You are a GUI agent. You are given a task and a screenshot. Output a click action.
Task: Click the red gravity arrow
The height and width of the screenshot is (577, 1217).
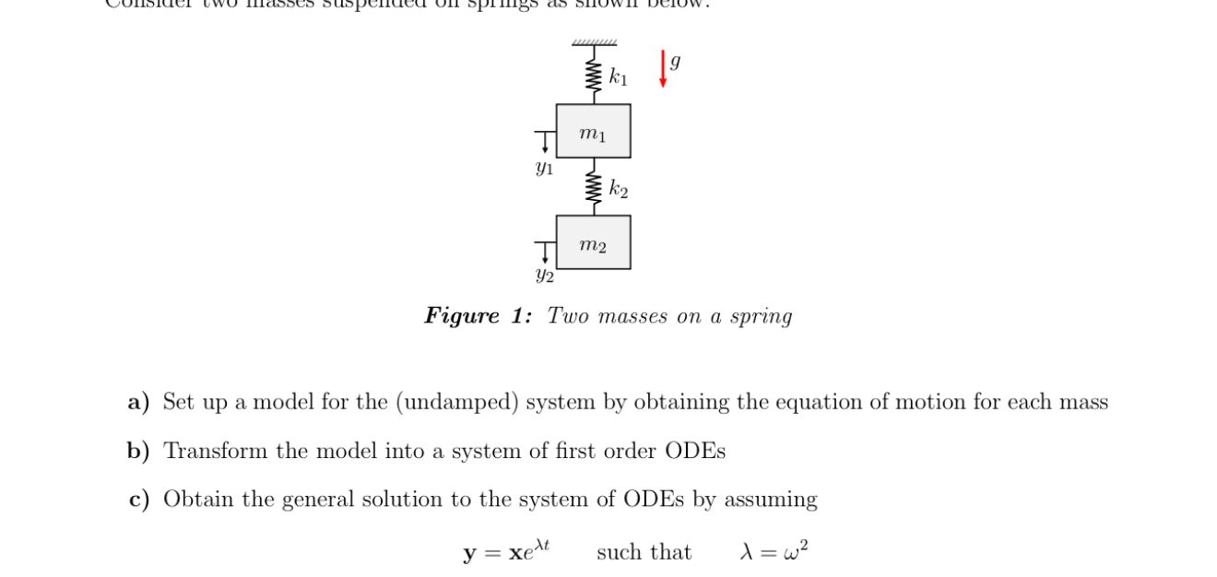tap(663, 69)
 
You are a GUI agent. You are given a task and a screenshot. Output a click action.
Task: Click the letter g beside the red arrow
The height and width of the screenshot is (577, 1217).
tap(676, 62)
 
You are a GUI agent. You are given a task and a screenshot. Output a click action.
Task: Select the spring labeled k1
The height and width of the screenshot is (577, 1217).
tap(594, 75)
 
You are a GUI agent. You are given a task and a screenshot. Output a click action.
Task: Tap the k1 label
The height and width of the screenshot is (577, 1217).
tap(618, 77)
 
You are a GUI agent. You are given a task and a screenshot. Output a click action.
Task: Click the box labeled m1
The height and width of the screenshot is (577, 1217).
tap(594, 131)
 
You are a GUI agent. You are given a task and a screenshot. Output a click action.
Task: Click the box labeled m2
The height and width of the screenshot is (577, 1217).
tap(594, 243)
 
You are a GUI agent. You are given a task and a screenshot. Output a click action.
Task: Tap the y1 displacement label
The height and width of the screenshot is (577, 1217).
tap(544, 169)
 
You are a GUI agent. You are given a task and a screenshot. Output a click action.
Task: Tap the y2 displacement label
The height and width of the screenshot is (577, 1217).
tap(545, 276)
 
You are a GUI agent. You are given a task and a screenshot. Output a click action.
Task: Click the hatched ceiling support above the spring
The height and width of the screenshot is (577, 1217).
tap(594, 42)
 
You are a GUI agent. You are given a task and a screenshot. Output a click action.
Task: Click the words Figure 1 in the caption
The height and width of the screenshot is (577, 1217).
tap(478, 316)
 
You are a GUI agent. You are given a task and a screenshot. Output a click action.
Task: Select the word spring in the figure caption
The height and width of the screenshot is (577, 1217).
tap(761, 316)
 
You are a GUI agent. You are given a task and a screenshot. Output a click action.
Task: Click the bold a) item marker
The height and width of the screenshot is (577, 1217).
tap(139, 402)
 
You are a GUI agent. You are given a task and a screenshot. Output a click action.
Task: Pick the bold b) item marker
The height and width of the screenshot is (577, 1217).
tap(138, 451)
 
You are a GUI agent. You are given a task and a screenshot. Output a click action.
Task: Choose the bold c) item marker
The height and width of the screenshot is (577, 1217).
tap(139, 500)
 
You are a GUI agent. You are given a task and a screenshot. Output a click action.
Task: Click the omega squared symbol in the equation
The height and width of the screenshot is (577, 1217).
tap(798, 550)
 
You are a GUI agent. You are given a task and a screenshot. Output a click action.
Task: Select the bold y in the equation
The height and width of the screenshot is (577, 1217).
tap(469, 554)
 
